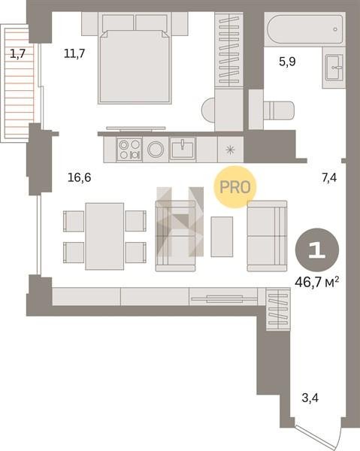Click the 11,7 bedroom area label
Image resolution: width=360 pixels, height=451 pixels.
pyautogui.click(x=74, y=53)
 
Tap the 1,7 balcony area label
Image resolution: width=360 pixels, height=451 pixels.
pyautogui.click(x=18, y=53)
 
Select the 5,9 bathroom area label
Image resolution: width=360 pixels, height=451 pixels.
pyautogui.click(x=287, y=62)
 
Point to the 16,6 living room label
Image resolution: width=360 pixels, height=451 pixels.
pyautogui.click(x=80, y=177)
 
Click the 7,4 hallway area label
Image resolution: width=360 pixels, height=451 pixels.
pyautogui.click(x=329, y=178)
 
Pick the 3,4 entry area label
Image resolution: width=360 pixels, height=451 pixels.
pyautogui.click(x=310, y=398)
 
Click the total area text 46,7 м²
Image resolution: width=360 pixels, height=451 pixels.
pyautogui.click(x=316, y=282)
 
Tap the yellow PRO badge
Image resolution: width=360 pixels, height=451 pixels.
pyautogui.click(x=235, y=187)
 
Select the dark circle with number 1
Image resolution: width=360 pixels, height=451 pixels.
pyautogui.click(x=317, y=250)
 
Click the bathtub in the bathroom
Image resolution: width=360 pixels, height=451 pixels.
pyautogui.click(x=305, y=29)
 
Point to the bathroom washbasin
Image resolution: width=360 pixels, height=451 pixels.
pyautogui.click(x=334, y=68)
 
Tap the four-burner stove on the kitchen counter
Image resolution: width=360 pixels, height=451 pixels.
pyautogui.click(x=129, y=149)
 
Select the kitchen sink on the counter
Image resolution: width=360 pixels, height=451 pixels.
pyautogui.click(x=183, y=149)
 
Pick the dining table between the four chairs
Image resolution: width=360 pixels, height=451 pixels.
pyautogui.click(x=104, y=237)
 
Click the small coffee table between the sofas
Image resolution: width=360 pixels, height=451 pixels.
pyautogui.click(x=222, y=237)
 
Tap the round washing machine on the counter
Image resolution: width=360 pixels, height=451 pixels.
pyautogui.click(x=156, y=150)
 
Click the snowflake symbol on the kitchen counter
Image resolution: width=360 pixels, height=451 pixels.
pyautogui.click(x=230, y=150)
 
